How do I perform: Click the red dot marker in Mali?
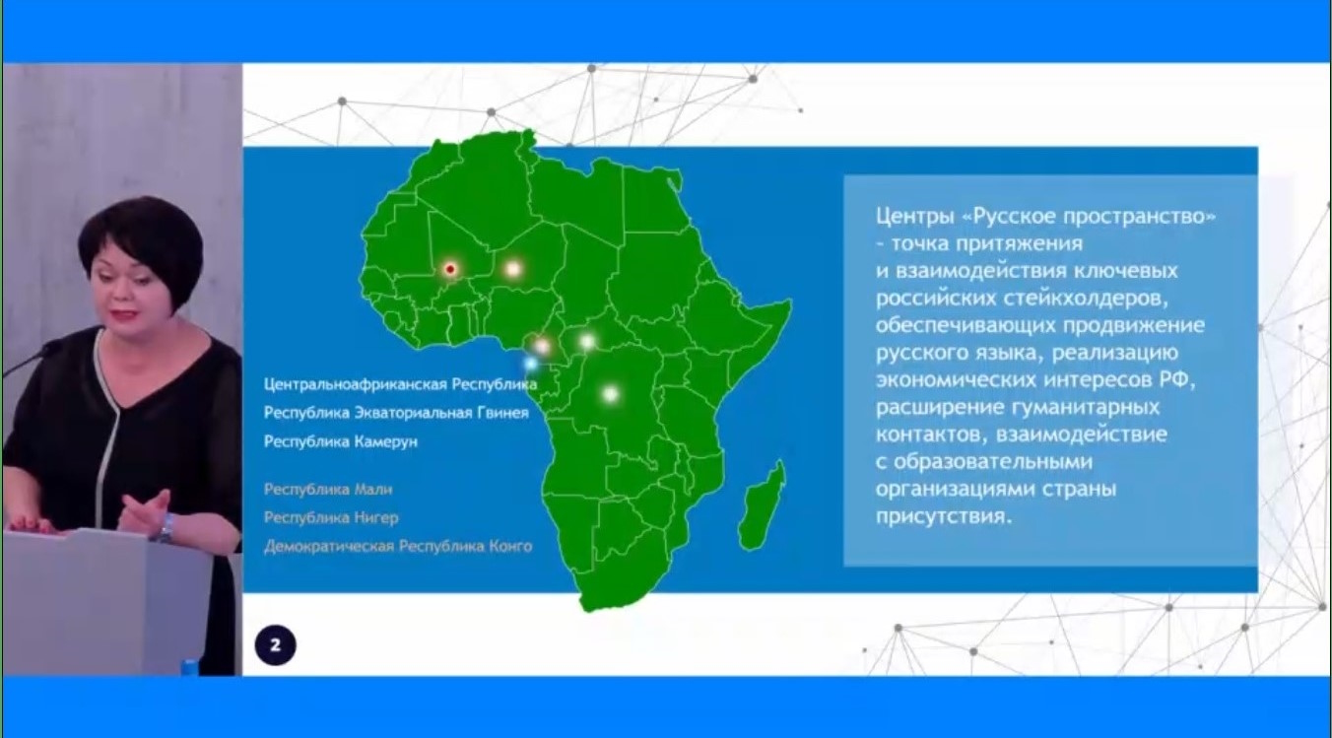click(450, 269)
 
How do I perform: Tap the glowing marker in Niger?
click(513, 269)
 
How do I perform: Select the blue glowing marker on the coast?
click(530, 363)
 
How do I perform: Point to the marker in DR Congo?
click(610, 394)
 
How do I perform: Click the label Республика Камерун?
click(341, 441)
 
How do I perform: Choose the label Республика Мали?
click(328, 490)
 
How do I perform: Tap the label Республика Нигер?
click(331, 518)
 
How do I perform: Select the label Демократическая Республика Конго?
click(398, 547)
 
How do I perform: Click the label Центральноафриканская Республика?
click(400, 384)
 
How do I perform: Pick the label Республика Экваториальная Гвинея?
click(396, 413)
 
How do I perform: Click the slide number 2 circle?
click(275, 645)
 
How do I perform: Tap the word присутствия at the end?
click(943, 516)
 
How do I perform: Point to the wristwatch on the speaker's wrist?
click(167, 528)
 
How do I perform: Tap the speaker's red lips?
click(126, 312)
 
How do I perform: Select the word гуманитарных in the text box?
click(1086, 407)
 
